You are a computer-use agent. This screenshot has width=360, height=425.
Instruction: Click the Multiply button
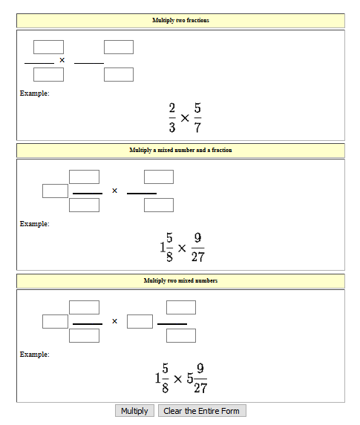134,411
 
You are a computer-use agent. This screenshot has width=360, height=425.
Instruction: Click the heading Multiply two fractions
180,20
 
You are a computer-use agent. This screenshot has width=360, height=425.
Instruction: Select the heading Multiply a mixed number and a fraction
180,150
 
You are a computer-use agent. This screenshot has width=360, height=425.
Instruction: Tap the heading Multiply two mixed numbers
180,280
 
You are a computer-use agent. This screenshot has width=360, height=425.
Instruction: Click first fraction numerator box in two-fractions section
48,47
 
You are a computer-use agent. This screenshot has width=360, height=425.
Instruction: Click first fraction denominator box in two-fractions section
48,74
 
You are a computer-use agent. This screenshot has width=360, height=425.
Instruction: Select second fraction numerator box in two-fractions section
119,47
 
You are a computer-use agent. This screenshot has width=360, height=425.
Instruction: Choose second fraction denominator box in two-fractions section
119,74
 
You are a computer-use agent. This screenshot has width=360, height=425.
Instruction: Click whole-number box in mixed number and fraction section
56,191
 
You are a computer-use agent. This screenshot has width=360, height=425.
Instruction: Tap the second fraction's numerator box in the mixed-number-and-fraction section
159,177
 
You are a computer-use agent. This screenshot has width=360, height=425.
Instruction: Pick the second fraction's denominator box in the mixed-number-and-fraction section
159,205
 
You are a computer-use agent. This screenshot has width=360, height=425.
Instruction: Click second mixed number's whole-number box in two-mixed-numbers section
140,321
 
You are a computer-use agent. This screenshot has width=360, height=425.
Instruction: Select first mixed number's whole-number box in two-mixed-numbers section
56,321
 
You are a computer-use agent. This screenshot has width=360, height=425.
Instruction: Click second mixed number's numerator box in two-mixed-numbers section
181,307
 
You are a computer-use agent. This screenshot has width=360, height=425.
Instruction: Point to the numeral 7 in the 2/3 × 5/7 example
197,128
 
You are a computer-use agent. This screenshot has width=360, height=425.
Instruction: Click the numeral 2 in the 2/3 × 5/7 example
172,108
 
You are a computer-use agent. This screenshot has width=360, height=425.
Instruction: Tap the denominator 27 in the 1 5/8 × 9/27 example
198,257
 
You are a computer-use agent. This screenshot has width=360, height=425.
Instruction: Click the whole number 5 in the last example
190,378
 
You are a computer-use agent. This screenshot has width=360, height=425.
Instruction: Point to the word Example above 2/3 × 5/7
34,93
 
